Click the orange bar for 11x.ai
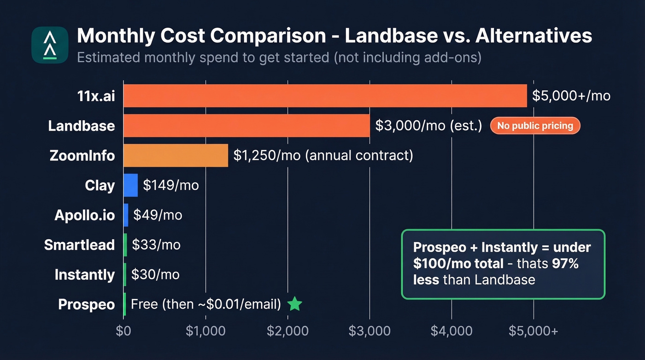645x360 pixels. coord(325,96)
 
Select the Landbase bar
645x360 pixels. coord(246,126)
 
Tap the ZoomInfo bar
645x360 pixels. coord(176,155)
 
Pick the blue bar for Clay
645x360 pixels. coord(130,185)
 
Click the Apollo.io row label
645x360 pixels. coord(84,215)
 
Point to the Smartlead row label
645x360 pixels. coord(79,245)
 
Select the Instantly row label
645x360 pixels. coord(84,275)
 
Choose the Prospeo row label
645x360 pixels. coord(86,305)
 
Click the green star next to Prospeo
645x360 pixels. coord(294,304)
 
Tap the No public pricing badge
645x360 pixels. coord(535,126)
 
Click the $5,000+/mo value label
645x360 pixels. coord(571,96)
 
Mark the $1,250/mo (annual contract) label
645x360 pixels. coord(323,155)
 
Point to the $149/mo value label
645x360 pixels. coord(170,185)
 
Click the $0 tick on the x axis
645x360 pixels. coord(123,331)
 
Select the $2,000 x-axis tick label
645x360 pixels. coord(287,331)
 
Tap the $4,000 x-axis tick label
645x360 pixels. coord(451,331)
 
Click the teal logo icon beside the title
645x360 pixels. coord(50,45)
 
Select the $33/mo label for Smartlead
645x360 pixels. coord(156,245)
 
